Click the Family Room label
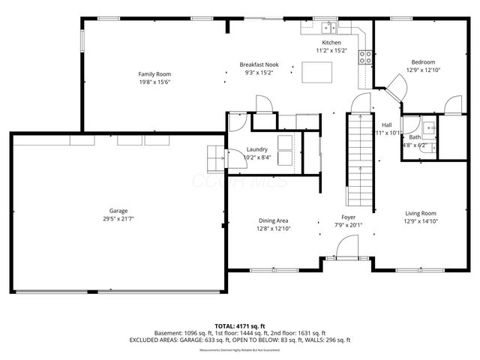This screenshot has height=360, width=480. click(x=154, y=73)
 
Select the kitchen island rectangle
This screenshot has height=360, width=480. click(x=317, y=71)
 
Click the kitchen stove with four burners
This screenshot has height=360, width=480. click(x=366, y=55)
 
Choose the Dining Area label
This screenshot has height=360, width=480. click(x=274, y=220)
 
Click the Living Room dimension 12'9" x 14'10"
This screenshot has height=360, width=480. click(x=420, y=220)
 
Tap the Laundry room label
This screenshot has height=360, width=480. click(x=256, y=150)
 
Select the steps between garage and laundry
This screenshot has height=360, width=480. click(x=215, y=155)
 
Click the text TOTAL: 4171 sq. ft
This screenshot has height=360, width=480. click(x=239, y=326)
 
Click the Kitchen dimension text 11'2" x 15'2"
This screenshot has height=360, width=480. click(x=334, y=51)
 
